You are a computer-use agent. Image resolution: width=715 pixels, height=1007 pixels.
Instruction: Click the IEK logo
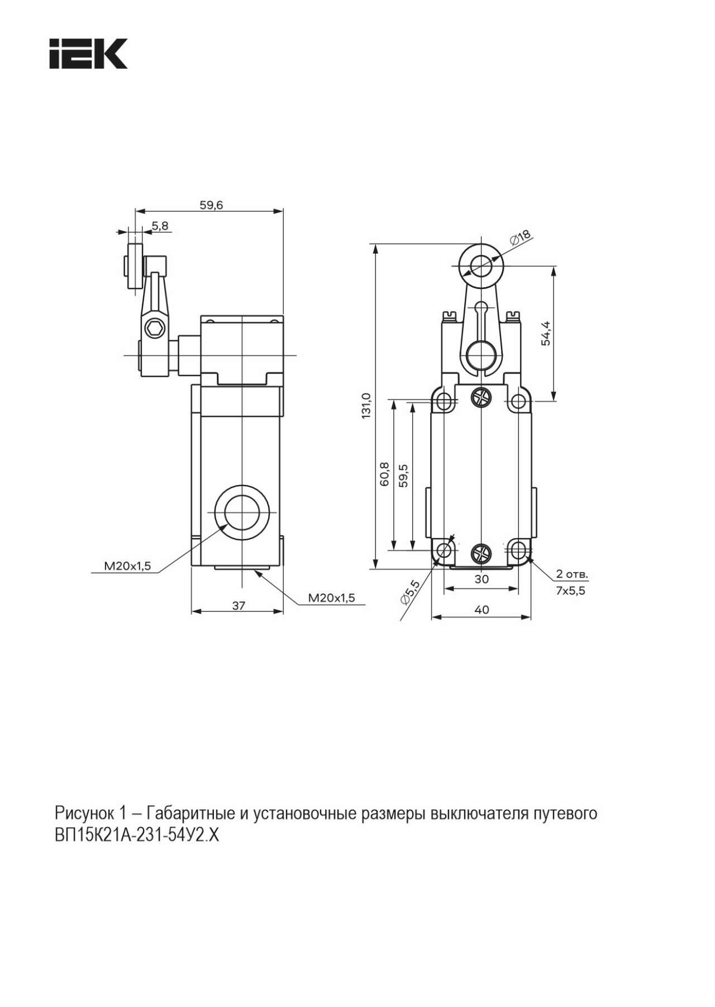(x=88, y=54)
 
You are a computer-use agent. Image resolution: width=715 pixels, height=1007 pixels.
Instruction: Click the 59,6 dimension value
(x=211, y=205)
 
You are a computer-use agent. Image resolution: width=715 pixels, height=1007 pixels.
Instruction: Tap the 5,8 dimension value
(x=160, y=226)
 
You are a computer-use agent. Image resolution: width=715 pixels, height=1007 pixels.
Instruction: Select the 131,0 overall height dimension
(x=366, y=405)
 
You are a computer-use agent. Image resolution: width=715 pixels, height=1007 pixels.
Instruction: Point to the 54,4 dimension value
(x=546, y=334)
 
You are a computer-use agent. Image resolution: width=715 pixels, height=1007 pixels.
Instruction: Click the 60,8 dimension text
(x=384, y=474)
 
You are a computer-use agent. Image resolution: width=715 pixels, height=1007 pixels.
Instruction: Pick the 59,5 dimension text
(x=403, y=475)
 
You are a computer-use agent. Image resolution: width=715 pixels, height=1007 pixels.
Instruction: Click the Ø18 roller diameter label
(x=521, y=237)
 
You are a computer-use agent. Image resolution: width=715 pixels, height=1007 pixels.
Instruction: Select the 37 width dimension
(x=239, y=605)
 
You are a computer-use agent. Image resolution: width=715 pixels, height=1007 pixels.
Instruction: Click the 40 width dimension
(x=482, y=610)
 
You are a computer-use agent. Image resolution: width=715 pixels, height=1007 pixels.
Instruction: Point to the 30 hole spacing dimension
(x=482, y=579)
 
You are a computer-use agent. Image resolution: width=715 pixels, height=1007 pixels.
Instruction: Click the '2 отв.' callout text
(x=572, y=574)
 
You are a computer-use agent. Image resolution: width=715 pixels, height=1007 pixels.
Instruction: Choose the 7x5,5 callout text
(x=571, y=591)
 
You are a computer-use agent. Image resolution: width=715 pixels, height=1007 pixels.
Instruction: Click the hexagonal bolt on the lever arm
(x=154, y=328)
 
